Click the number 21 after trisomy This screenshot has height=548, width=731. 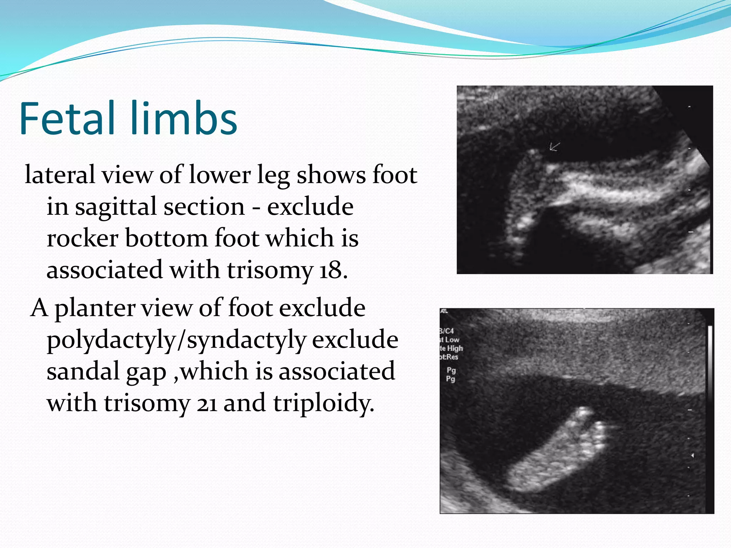[207, 404]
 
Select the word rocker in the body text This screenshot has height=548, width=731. [82, 238]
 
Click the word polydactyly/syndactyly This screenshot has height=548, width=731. [176, 340]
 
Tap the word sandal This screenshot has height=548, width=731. [83, 371]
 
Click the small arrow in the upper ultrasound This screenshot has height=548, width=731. [554, 147]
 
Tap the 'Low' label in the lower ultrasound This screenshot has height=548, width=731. [452, 340]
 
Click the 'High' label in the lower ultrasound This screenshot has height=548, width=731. [455, 348]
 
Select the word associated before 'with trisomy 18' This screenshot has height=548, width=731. [105, 270]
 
